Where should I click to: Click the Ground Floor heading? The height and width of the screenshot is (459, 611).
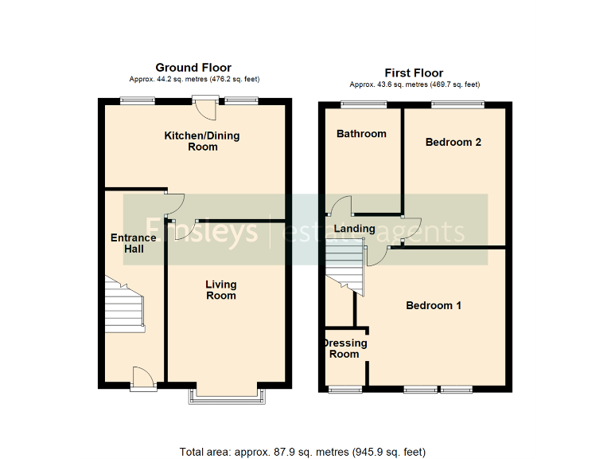coord(193,68)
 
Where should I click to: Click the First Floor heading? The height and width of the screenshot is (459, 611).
coord(414,73)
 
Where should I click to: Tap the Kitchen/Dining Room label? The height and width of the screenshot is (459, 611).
coord(202,141)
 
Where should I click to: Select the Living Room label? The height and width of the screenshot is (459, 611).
coord(221,290)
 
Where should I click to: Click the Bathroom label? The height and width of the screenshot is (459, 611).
coord(361,134)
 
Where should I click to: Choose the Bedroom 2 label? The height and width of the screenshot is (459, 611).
coord(453,143)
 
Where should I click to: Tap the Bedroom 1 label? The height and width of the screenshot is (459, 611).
coord(434,305)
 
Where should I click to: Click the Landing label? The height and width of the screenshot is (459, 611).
coord(354,229)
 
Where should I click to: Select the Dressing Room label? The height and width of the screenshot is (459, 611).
coord(344,348)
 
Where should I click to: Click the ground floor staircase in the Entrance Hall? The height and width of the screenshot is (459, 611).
coord(123,304)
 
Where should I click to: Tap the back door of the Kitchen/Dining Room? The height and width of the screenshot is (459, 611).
coord(206,105)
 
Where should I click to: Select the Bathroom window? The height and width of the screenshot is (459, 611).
coord(364,104)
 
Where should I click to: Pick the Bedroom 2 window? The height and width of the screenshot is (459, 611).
coord(457,104)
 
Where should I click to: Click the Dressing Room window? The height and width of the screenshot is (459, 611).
coord(345,389)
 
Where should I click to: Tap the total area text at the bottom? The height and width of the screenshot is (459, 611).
coord(302,452)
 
